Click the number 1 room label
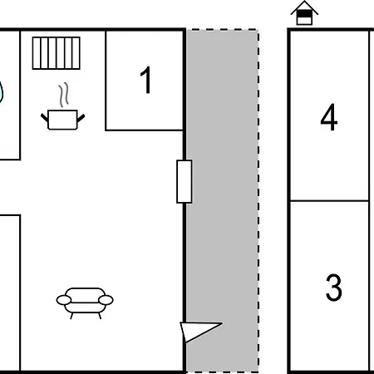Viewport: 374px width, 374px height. point(146,80)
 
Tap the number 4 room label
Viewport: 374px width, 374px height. point(329,117)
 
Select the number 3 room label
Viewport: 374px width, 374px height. point(333,288)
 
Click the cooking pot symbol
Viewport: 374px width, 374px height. point(62,120)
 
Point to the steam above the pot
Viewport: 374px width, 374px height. point(63,95)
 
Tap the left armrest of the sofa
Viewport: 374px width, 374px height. point(64,300)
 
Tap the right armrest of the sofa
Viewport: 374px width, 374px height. point(106,300)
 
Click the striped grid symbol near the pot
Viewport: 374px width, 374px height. point(57,53)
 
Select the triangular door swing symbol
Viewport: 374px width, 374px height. point(198,332)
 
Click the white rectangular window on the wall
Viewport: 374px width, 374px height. point(185,181)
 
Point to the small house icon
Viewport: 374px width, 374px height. point(304,13)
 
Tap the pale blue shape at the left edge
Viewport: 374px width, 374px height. point(1,91)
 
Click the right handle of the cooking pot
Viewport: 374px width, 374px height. point(81,118)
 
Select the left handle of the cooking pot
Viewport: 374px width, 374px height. point(45,118)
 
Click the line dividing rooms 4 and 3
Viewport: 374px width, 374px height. point(329,200)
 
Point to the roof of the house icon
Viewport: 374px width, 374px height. point(304,6)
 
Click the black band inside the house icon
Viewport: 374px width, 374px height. point(304,13)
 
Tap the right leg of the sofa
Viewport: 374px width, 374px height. point(100,316)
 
